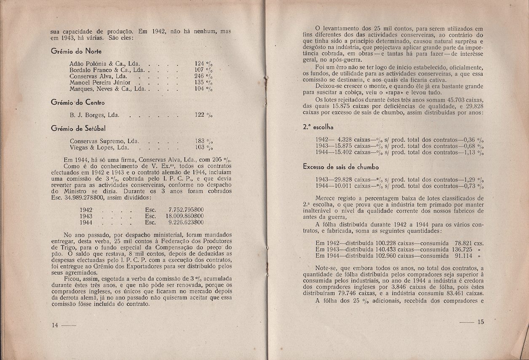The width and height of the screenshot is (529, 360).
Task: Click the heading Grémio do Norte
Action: (x=73, y=51)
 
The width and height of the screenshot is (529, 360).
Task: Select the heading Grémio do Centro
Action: (x=77, y=102)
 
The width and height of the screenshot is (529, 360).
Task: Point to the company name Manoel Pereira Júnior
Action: (x=100, y=83)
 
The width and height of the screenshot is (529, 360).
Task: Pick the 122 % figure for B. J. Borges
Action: (x=204, y=115)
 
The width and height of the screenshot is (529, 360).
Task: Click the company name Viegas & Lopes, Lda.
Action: (x=99, y=148)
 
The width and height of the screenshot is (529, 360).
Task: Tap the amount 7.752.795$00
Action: (x=186, y=209)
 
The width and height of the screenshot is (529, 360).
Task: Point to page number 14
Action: (x=55, y=325)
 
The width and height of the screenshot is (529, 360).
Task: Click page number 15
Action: (x=481, y=322)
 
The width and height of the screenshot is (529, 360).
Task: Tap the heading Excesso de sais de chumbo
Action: (x=341, y=167)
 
